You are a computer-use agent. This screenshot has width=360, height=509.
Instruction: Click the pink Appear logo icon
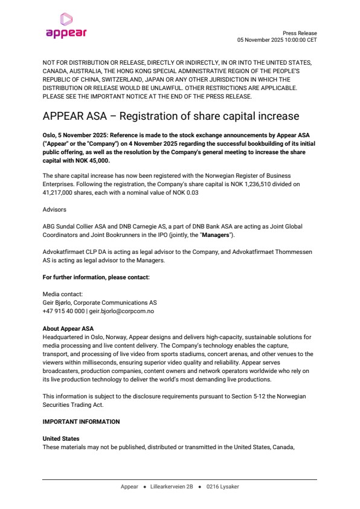pyautogui.click(x=66, y=19)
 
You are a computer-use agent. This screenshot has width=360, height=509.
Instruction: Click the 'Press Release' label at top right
pyautogui.click(x=300, y=33)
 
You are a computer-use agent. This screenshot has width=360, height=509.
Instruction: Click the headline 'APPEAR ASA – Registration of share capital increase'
pyautogui.click(x=171, y=115)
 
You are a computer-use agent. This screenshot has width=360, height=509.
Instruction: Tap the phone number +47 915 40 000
pyautogui.click(x=63, y=311)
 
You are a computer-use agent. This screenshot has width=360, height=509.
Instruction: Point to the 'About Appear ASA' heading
pyautogui.click(x=68, y=328)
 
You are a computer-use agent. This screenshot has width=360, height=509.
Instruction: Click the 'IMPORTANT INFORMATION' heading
pyautogui.click(x=81, y=421)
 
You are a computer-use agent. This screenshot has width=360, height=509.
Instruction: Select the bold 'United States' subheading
pyautogui.click(x=61, y=438)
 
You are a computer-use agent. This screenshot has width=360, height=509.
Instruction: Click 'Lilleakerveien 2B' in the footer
pyautogui.click(x=173, y=486)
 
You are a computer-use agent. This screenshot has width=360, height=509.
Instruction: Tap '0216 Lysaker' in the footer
pyautogui.click(x=222, y=486)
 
